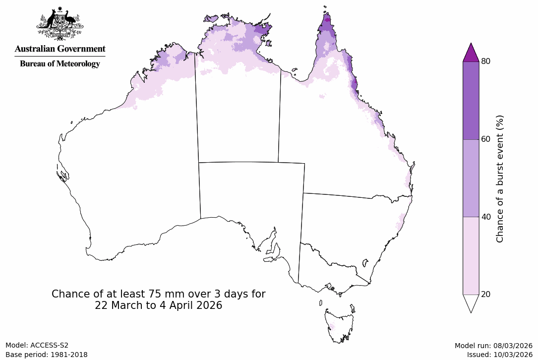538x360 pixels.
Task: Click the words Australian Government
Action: pyautogui.click(x=60, y=49)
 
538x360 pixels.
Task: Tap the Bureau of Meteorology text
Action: pyautogui.click(x=60, y=63)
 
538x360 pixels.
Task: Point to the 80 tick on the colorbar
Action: pyautogui.click(x=485, y=61)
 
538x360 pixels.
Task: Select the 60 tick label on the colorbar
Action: pyautogui.click(x=485, y=139)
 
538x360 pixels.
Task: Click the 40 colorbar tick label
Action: pyautogui.click(x=485, y=217)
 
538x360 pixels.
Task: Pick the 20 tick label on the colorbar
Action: pyautogui.click(x=485, y=294)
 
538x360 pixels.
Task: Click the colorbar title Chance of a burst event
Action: pyautogui.click(x=500, y=179)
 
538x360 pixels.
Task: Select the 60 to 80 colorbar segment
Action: pyautogui.click(x=471, y=100)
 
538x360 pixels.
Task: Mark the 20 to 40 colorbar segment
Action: pyautogui.click(x=471, y=255)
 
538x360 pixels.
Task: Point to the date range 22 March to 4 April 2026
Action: pyautogui.click(x=159, y=306)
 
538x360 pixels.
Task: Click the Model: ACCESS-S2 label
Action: pyautogui.click(x=37, y=346)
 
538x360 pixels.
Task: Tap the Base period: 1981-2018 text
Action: pyautogui.click(x=47, y=355)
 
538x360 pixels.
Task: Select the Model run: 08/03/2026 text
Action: pyautogui.click(x=493, y=346)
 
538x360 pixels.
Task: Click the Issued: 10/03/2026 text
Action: pyautogui.click(x=499, y=355)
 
